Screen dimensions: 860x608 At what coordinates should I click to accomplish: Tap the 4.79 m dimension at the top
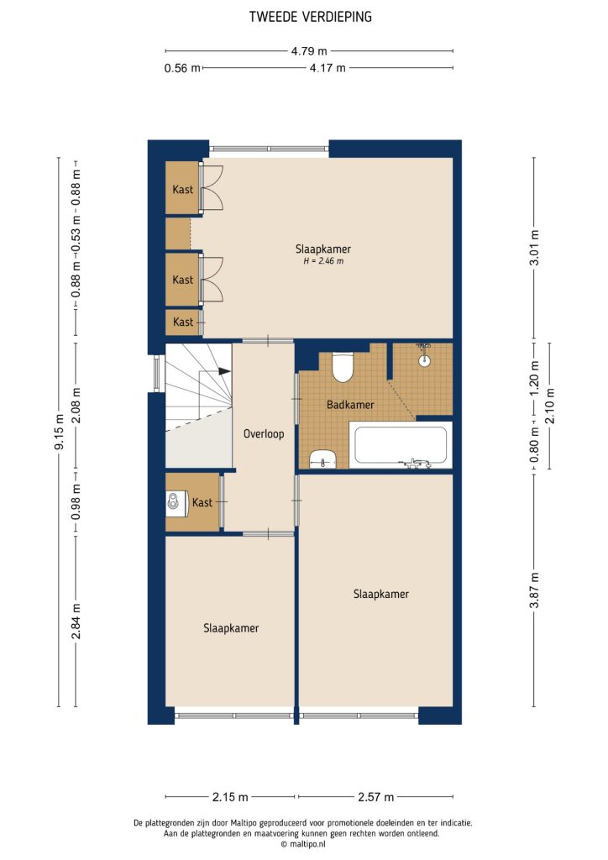coord(310,50)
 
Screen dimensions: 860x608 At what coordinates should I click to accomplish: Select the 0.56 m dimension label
coord(182,69)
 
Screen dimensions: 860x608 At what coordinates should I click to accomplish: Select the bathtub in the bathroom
coord(401,445)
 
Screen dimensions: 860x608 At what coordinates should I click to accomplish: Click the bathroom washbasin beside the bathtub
coord(322,459)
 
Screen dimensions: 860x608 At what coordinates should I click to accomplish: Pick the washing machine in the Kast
coord(175,502)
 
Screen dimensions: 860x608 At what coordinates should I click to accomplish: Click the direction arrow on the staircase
coord(223,370)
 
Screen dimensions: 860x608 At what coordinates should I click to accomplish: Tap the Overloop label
coord(264,434)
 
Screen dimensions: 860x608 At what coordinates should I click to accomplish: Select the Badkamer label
coord(350,405)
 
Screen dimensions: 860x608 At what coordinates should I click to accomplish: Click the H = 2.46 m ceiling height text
coord(322,262)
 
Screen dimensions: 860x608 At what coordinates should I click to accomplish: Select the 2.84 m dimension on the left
coord(76,621)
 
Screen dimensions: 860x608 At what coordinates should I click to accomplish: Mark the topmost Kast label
coord(182,190)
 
